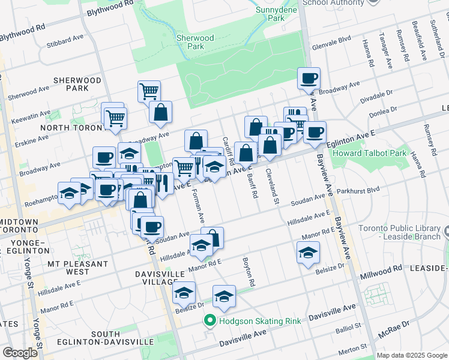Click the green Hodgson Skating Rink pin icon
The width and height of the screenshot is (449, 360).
click(x=209, y=321)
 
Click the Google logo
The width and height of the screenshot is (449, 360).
click(x=20, y=353)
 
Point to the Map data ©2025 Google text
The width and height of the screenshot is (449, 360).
click(x=412, y=355)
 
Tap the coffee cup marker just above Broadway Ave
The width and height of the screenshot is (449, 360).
click(x=309, y=78)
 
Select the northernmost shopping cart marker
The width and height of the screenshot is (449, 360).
click(x=149, y=91)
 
